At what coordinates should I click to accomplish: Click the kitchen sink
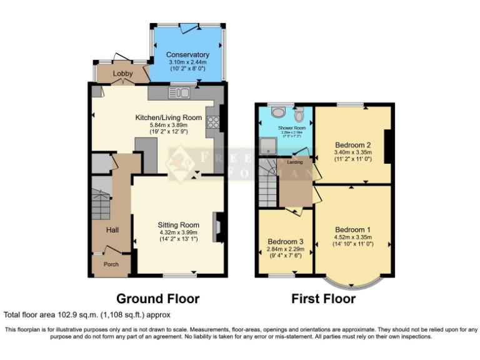(x=179, y=93)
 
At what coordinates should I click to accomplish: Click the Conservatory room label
(x=187, y=55)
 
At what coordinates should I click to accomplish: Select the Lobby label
(x=122, y=74)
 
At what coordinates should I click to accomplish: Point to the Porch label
(x=111, y=264)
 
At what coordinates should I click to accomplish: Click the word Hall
(x=112, y=230)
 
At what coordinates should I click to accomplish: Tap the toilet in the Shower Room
(x=299, y=114)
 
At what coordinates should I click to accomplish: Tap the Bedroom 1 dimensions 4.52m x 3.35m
(x=353, y=237)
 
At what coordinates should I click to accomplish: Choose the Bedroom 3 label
(x=286, y=241)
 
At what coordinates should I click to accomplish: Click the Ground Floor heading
(x=158, y=299)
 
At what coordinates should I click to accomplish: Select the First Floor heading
(x=323, y=299)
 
